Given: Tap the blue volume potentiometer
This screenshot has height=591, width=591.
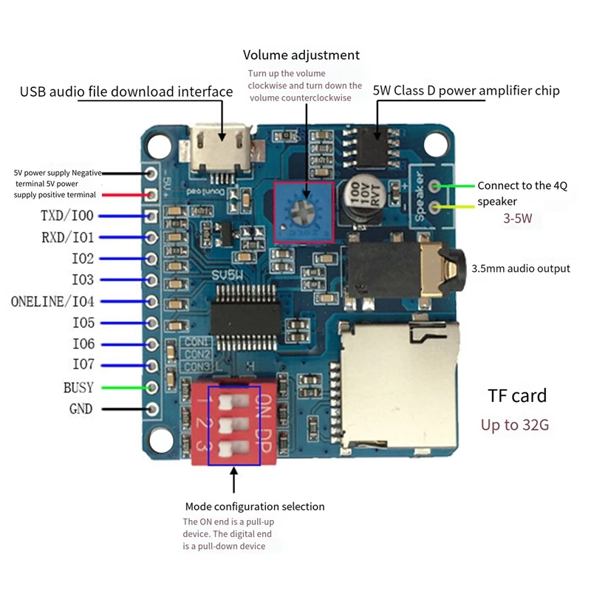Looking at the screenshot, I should [x=304, y=211].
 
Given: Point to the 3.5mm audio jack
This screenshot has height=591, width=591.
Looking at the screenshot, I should [x=403, y=273].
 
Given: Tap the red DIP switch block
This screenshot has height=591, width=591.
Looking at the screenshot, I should [x=233, y=426].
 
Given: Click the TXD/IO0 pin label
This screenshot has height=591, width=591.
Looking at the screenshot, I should [x=67, y=216].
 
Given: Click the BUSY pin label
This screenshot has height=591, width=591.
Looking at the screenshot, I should [x=78, y=387].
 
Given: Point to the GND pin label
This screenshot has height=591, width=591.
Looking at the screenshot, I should [x=81, y=409].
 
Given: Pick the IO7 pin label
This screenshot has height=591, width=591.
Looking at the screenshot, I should [x=83, y=366].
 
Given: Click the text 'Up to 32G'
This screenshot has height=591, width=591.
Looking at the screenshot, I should [x=515, y=426].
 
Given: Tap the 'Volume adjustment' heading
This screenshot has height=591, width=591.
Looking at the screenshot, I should [x=301, y=55].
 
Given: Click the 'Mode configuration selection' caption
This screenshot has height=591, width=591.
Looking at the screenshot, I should [x=254, y=507].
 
